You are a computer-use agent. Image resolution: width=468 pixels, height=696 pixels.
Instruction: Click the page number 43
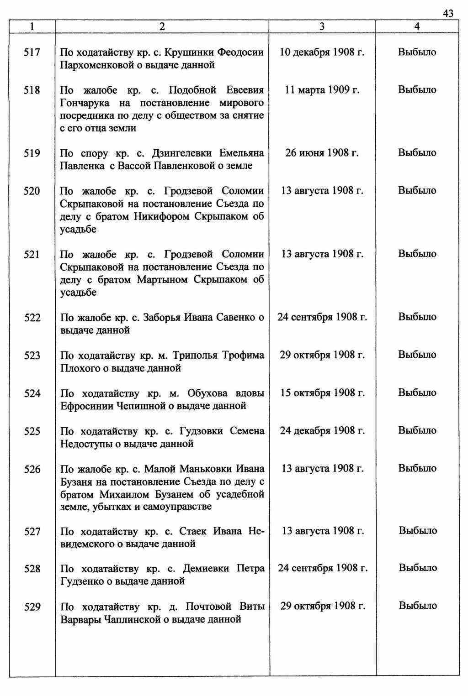tap(448, 14)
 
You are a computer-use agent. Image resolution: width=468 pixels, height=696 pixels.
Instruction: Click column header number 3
tap(322, 26)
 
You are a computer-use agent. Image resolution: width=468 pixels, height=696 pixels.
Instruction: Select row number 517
tap(32, 52)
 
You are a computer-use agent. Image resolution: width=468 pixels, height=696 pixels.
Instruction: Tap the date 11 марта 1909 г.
tap(322, 90)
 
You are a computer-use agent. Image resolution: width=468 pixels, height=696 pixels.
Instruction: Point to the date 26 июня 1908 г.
tap(322, 153)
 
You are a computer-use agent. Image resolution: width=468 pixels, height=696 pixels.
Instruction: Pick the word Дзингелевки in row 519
tap(185, 153)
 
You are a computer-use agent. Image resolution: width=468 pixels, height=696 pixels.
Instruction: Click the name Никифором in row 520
tap(162, 216)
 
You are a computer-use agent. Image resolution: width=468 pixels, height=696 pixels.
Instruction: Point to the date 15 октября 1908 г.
tap(322, 392)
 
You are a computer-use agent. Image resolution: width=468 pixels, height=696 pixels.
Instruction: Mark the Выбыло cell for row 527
tap(418, 530)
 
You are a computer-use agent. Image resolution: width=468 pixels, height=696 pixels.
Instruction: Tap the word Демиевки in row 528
tap(205, 569)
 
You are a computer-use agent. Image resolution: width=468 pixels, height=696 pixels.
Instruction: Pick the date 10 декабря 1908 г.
tap(322, 52)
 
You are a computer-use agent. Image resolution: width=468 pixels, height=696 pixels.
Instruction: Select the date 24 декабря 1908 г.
tap(322, 430)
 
